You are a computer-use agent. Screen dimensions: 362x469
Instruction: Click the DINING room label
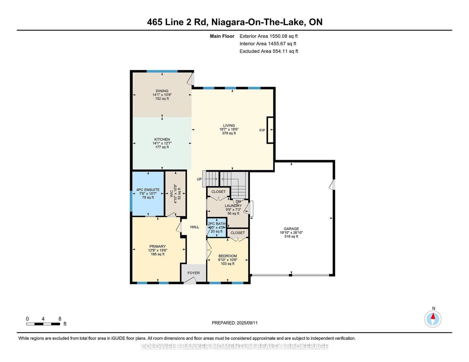click(162, 91)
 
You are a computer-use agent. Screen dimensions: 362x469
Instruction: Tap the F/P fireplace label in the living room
click(262, 130)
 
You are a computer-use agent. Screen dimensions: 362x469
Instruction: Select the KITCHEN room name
click(162, 139)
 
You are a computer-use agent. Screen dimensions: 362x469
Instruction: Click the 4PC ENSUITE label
click(148, 190)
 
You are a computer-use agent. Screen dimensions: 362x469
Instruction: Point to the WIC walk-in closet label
click(172, 194)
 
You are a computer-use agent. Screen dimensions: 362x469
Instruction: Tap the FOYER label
click(193, 273)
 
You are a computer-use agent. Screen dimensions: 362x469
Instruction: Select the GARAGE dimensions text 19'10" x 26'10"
click(291, 233)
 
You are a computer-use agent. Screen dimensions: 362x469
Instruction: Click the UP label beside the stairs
click(199, 179)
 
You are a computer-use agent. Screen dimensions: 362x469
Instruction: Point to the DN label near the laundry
click(238, 202)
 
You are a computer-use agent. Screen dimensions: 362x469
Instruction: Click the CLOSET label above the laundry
click(218, 192)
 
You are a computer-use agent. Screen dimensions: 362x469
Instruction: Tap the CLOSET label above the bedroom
click(237, 233)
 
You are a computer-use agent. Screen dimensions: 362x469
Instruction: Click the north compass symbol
click(433, 319)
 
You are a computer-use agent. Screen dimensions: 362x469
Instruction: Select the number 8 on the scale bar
click(60, 319)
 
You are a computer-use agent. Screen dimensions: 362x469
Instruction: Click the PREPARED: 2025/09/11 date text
click(235, 323)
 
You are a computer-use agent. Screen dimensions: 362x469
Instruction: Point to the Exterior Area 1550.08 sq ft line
click(269, 36)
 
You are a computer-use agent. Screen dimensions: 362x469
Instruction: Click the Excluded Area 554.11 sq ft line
click(269, 51)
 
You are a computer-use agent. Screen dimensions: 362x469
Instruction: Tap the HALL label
click(195, 227)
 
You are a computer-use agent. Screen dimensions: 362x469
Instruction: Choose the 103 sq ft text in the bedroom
click(227, 264)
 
